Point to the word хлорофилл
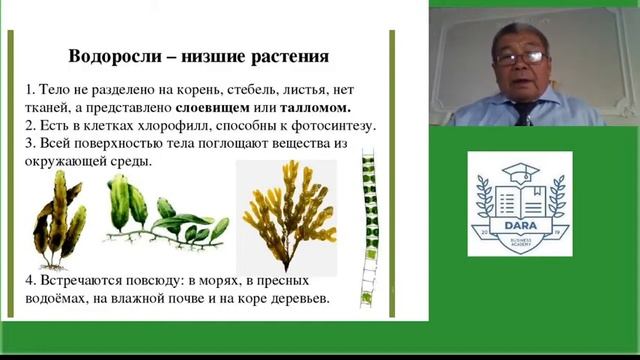[169, 125]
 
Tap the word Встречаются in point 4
[80, 282]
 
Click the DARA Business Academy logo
[519, 204]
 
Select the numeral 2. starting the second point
[32, 125]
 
